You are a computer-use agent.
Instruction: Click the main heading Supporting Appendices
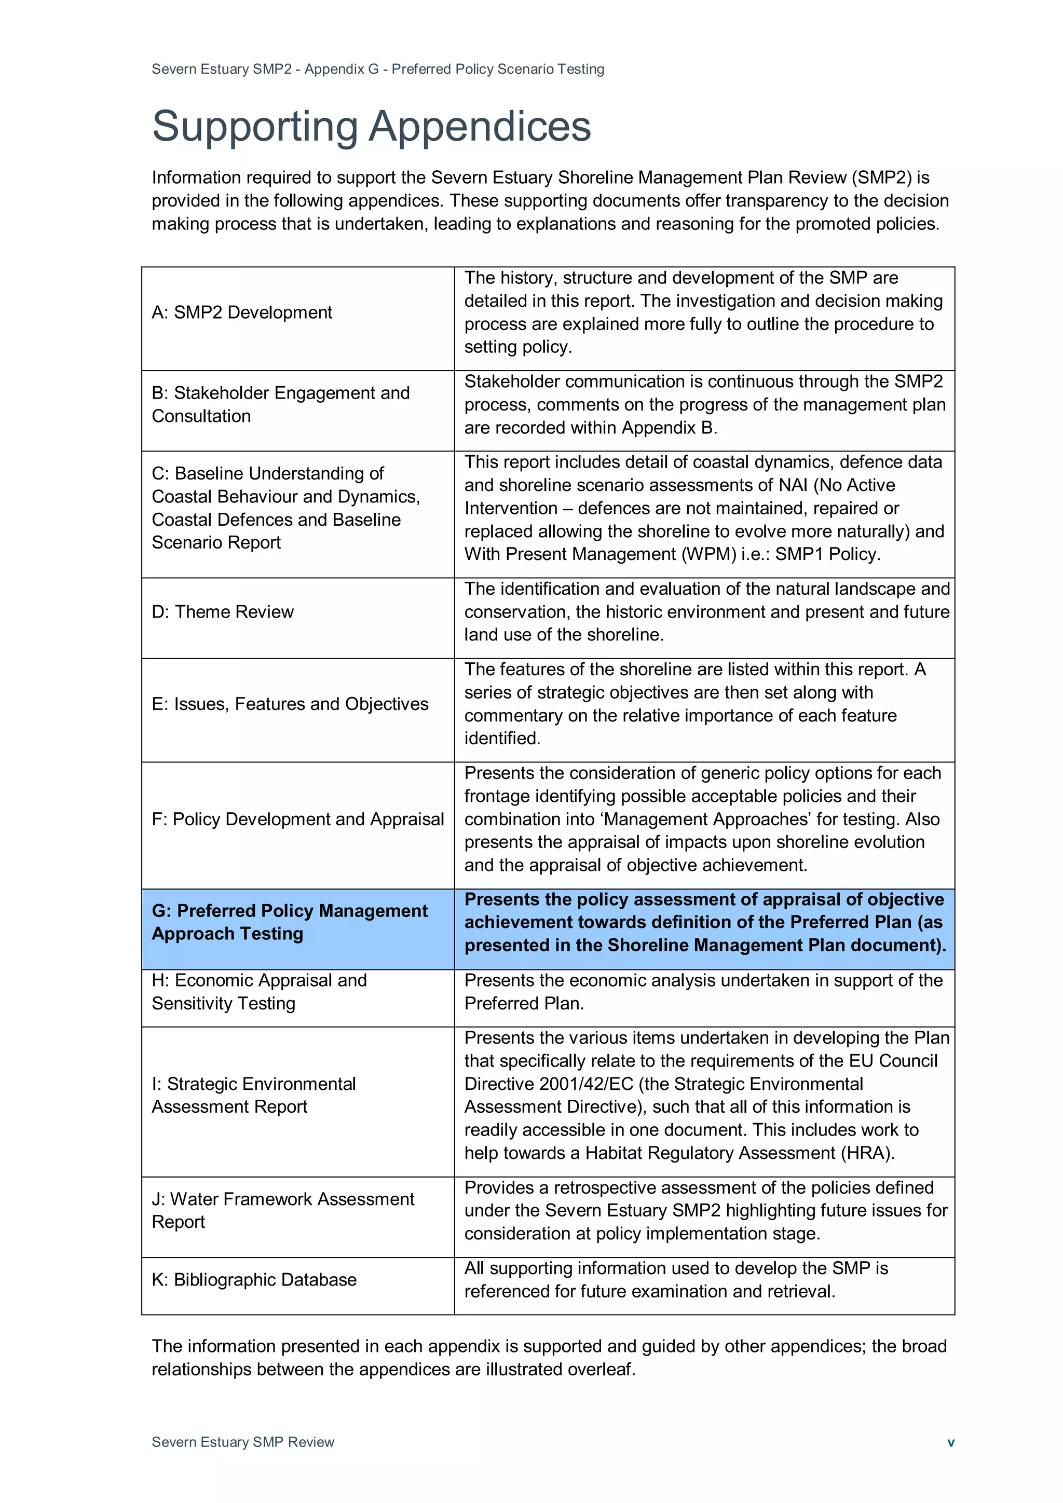[371, 126]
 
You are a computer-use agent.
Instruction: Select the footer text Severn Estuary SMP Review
[243, 1441]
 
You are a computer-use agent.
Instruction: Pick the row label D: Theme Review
[223, 611]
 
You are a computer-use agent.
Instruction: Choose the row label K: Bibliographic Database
[254, 1279]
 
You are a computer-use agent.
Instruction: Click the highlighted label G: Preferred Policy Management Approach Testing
[289, 922]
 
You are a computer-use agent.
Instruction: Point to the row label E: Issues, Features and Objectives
[290, 704]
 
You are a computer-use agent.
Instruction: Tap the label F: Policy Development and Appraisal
[298, 819]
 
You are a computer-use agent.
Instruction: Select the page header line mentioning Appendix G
[378, 69]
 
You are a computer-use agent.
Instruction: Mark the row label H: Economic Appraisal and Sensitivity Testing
[259, 991]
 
